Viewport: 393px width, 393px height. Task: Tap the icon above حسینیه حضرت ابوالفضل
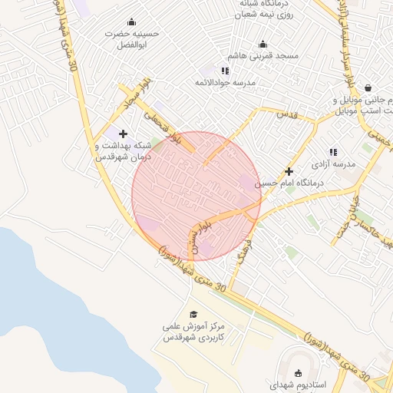131,21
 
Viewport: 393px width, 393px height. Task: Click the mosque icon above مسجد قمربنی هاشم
263,44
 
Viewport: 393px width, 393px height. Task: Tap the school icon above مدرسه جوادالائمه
225,71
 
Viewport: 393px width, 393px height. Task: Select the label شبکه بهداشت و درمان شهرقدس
123,150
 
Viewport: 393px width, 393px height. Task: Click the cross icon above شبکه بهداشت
123,134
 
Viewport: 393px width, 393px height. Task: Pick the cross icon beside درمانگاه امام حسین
289,171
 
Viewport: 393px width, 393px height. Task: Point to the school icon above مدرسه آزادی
333,152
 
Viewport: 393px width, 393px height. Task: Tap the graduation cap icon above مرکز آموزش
193,314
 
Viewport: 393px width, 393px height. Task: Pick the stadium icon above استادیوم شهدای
298,373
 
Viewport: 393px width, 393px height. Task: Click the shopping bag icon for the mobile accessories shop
368,87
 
